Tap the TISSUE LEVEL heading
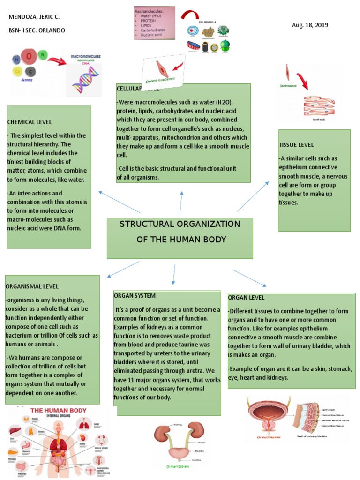pyautogui.click(x=296, y=145)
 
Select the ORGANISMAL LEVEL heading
pyautogui.click(x=32, y=286)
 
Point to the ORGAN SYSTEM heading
pyautogui.click(x=135, y=296)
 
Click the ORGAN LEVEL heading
pyautogui.click(x=247, y=298)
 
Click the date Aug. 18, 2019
pyautogui.click(x=310, y=25)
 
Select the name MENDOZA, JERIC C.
pyautogui.click(x=34, y=17)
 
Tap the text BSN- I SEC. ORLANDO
pyautogui.click(x=37, y=30)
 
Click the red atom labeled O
pyautogui.click(x=29, y=57)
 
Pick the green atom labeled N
pyautogui.click(x=42, y=55)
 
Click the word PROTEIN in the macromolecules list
pyautogui.click(x=149, y=21)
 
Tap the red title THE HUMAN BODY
pyautogui.click(x=59, y=410)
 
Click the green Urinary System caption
pyautogui.click(x=178, y=467)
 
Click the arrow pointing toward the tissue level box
pyautogui.click(x=253, y=195)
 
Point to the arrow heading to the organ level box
pyautogui.click(x=249, y=277)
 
